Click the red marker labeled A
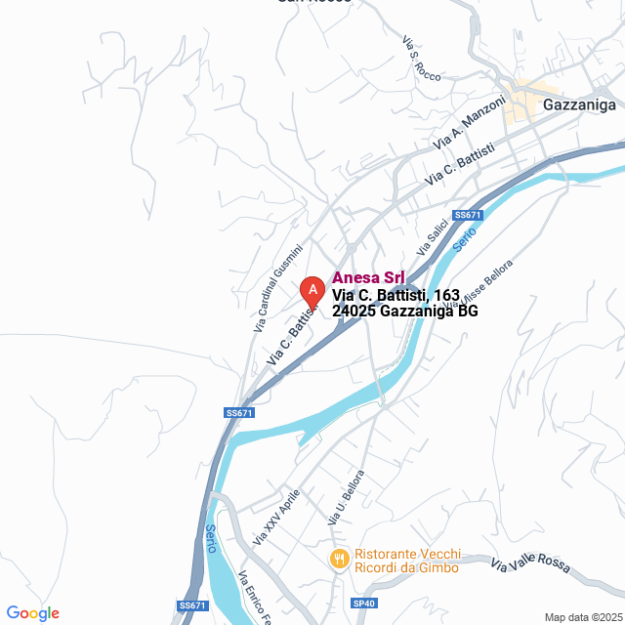click(x=312, y=290)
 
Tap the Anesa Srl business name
click(x=369, y=277)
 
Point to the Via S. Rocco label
click(x=421, y=59)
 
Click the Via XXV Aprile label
click(x=276, y=517)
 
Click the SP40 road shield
click(x=363, y=604)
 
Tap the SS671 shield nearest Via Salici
click(x=468, y=215)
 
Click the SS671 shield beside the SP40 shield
click(x=193, y=606)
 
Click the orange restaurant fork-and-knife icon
click(x=339, y=559)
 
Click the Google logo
click(x=32, y=612)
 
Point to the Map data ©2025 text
click(x=583, y=617)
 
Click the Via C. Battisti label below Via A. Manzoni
click(x=460, y=164)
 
